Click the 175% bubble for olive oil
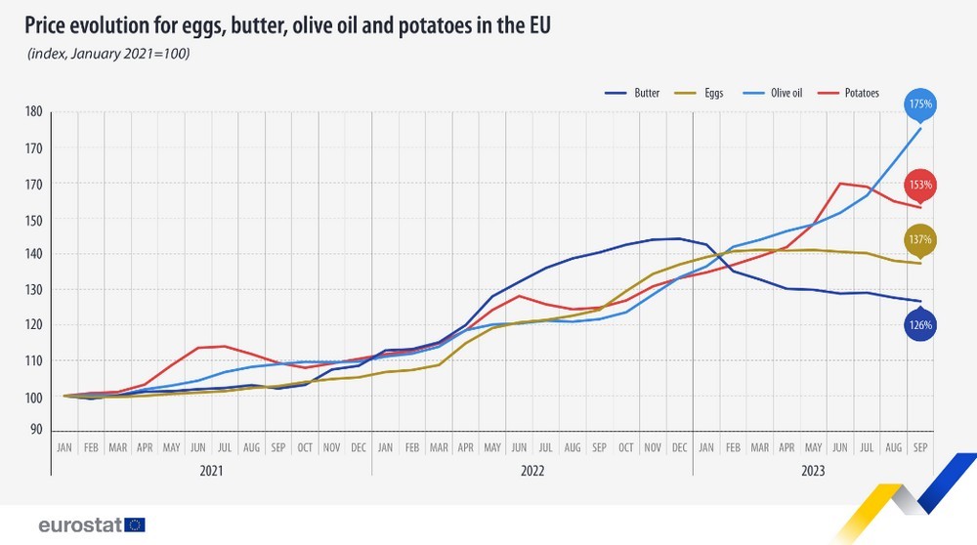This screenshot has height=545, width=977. coord(920,104)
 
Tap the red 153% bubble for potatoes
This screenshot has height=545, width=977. coord(920,185)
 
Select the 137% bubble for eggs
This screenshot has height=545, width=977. coord(920,239)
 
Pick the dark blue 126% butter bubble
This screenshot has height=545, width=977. coord(920,324)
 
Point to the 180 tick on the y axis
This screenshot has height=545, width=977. coord(33,112)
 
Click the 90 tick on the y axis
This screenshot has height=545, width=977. coord(35,430)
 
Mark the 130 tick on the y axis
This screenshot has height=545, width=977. coord(33,290)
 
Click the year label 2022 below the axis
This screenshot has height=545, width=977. coord(532,470)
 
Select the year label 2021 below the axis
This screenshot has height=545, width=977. coord(211,470)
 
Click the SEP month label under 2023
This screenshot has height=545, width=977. coord(919,447)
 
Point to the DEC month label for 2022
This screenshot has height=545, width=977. coord(679,447)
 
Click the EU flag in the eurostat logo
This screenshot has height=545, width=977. coord(135,524)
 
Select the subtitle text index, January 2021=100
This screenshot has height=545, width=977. coord(107,53)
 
